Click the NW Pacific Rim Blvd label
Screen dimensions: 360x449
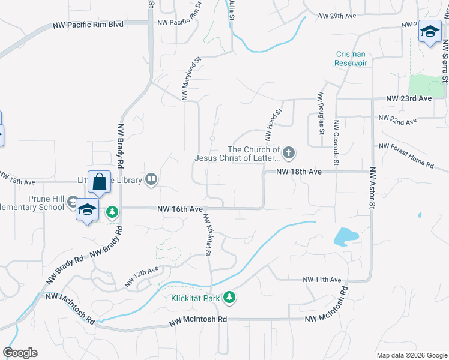pos(88,25)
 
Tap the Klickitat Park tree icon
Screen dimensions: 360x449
pos(229,297)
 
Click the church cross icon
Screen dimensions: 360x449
pos(289,153)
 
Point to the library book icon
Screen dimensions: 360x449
pos(152,179)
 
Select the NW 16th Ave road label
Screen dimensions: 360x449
pos(180,209)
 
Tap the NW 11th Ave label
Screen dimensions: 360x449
pos(322,280)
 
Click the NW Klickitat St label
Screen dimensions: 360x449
pos(208,235)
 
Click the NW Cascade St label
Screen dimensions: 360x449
pos(336,142)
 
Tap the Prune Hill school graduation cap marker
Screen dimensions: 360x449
pos(88,210)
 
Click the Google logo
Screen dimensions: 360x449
pos(20,352)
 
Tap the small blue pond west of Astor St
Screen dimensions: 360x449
pos(346,236)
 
